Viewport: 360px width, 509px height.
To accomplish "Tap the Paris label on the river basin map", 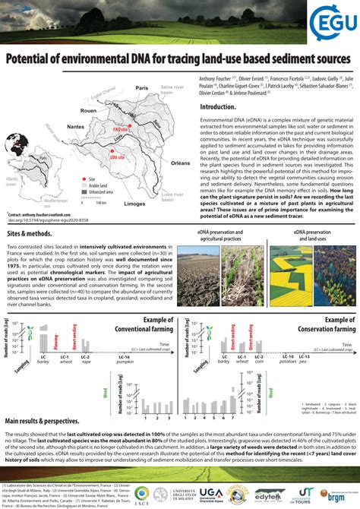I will click(142, 88).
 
